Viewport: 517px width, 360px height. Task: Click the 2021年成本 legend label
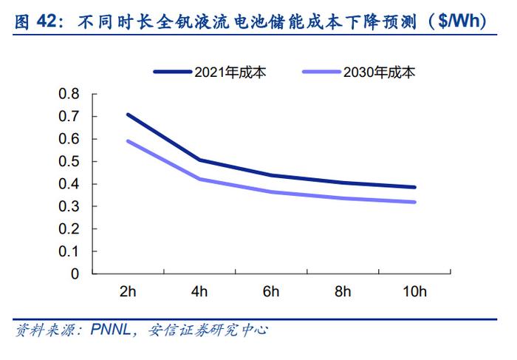point(231,72)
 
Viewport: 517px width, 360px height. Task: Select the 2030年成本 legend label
point(380,72)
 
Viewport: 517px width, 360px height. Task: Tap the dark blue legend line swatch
point(173,72)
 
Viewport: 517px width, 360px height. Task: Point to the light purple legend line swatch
point(322,72)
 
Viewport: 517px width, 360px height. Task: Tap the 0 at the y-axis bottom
point(75,274)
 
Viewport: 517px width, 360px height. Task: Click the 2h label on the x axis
point(128,291)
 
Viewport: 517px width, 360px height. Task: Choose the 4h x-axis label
point(199,291)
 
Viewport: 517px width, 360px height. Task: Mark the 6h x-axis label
point(271,291)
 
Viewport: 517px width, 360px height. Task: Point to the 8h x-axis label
point(343,291)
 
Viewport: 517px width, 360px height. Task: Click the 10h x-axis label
point(414,291)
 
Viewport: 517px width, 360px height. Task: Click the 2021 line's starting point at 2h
point(128,115)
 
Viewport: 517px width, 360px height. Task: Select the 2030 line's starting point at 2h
point(128,140)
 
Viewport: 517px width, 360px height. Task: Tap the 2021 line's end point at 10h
point(414,187)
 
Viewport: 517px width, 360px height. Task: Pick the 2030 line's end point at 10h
point(414,202)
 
